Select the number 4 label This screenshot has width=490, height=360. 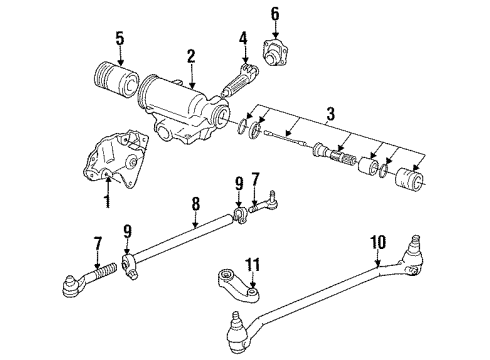coord(242,40)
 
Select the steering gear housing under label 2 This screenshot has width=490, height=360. coord(185,108)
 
